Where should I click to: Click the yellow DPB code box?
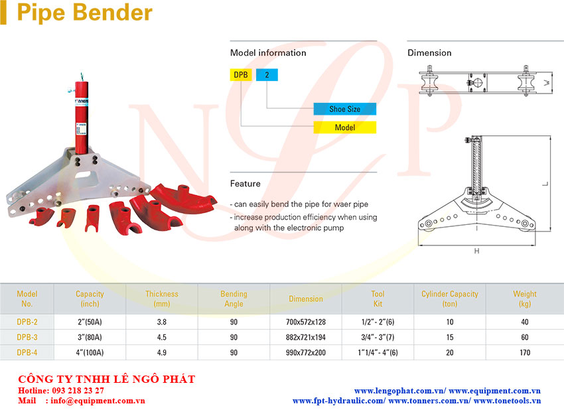pos(241,75)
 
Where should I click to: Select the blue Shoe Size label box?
pos(344,109)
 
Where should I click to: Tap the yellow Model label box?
pos(344,127)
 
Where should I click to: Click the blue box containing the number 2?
pos(267,75)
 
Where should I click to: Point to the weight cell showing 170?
pos(525,352)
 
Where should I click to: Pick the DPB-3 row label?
pos(27,338)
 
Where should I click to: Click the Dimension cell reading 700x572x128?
pos(306,322)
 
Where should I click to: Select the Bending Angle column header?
pos(234,299)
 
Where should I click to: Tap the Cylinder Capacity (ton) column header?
pos(450,299)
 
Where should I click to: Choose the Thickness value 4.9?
pos(162,352)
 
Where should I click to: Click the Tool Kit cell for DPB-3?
pos(378,338)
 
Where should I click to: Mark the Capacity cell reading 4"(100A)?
pos(90,352)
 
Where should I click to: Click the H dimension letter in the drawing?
pos(476,251)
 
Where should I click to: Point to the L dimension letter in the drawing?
pos(545,184)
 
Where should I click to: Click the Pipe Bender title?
pos(84,13)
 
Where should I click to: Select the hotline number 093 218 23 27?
pos(78,390)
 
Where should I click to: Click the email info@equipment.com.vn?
pos(98,401)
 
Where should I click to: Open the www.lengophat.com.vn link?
pos(400,391)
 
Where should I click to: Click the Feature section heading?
pos(246,183)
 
